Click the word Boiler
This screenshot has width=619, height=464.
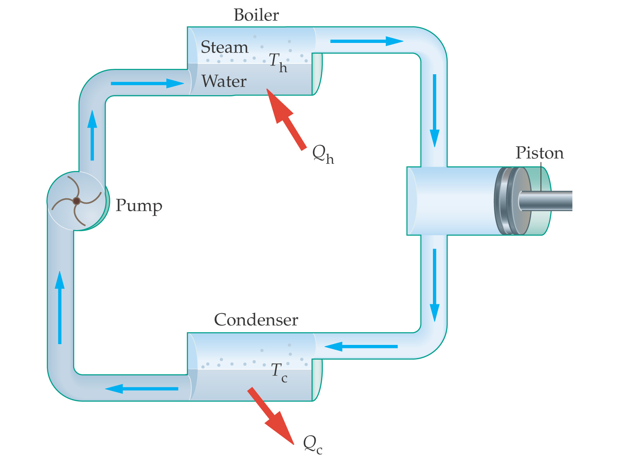(x=256, y=15)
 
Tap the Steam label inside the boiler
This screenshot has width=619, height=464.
(x=224, y=47)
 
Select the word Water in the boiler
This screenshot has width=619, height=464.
(x=224, y=81)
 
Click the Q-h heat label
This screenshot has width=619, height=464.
(x=323, y=155)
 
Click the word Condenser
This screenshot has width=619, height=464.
(x=256, y=320)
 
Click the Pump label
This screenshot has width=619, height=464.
(x=139, y=206)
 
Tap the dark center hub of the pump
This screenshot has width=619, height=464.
(x=77, y=201)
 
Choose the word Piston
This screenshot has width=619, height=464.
(x=539, y=153)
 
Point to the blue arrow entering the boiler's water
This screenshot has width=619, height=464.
(x=147, y=83)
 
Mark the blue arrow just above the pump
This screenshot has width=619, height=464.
(x=92, y=135)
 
